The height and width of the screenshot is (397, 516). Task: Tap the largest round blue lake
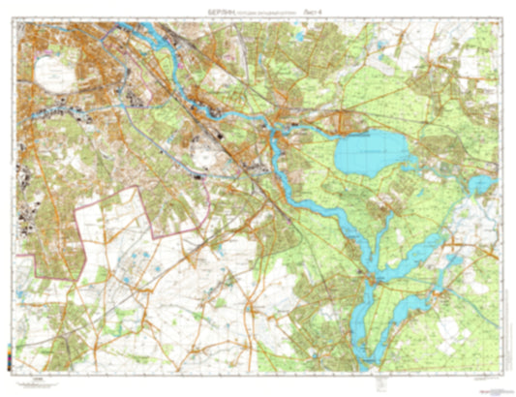[x=369, y=153]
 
